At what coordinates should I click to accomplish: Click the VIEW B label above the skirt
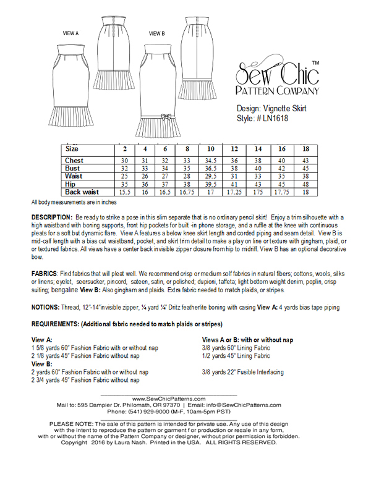coord(156,33)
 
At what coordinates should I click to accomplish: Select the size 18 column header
coord(305,150)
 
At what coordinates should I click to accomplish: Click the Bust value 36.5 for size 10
coord(211,168)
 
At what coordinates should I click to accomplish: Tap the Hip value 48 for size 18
coord(305,185)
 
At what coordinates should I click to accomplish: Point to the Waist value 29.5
coord(211,177)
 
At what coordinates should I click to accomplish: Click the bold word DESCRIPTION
coord(52,219)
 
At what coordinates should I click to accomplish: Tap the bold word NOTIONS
coord(47,307)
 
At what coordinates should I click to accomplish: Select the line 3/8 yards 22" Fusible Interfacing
coord(243,373)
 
